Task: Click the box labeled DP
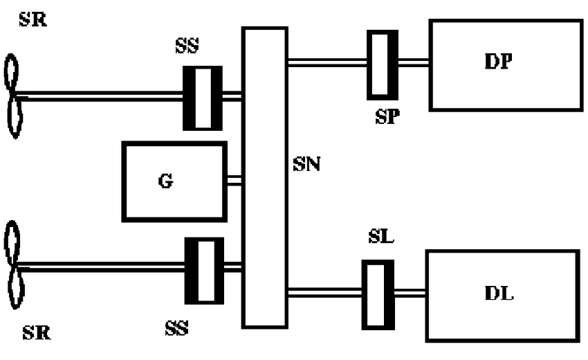click(x=505, y=65)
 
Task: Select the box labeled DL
click(x=502, y=296)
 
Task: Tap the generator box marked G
click(x=174, y=181)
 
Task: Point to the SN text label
click(x=306, y=165)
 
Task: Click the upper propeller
click(x=13, y=98)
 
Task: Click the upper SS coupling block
click(x=202, y=98)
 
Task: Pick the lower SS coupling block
click(x=204, y=270)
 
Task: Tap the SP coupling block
click(x=381, y=64)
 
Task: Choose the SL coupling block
click(x=378, y=294)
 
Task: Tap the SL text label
click(x=381, y=238)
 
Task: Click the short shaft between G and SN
click(x=234, y=181)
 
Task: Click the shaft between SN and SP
click(x=326, y=63)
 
